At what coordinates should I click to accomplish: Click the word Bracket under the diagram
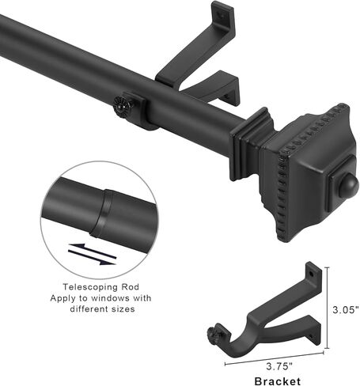coord(278,381)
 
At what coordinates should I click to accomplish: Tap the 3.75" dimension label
coord(279,366)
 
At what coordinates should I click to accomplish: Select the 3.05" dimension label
coord(346,309)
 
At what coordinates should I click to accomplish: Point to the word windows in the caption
coord(110,298)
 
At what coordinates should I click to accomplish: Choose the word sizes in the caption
coord(123,308)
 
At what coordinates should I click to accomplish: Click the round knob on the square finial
coord(348,185)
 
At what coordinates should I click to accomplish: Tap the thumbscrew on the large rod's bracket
coord(123,107)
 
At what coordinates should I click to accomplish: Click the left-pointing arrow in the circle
coord(92,250)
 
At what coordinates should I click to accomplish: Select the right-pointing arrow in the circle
coord(92,258)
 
